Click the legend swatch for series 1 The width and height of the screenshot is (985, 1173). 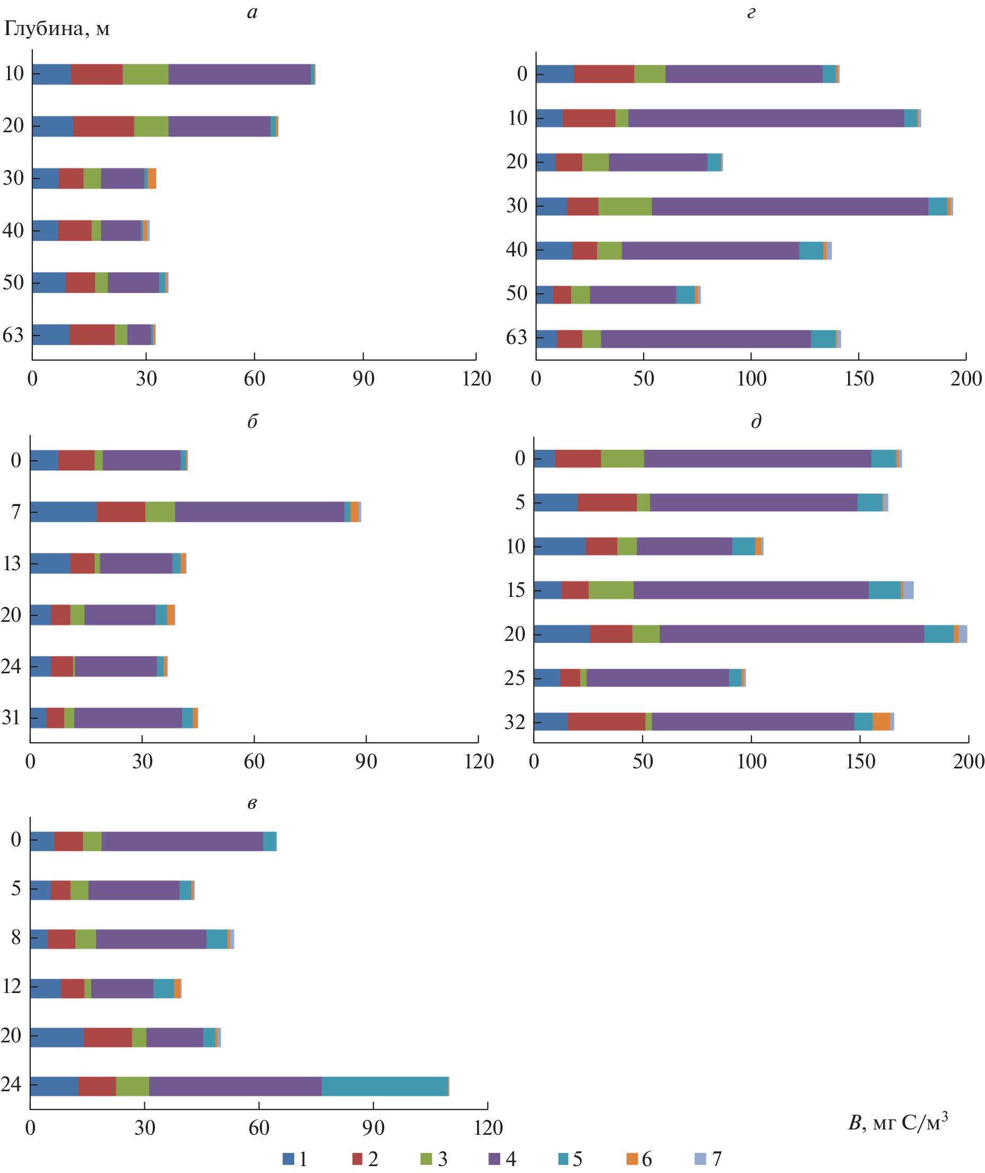pos(288,1159)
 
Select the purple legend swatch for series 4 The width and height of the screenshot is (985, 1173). pos(494,1159)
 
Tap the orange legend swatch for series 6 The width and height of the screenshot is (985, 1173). pos(632,1159)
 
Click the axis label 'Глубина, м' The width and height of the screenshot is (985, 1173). pos(56,29)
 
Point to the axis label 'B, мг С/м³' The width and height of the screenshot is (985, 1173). pos(897,1121)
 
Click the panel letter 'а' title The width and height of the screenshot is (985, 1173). pos(253,12)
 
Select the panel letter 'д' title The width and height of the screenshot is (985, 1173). pos(756,421)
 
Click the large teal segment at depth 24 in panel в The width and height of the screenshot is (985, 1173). pos(385,1086)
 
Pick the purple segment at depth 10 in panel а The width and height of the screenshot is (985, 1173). pos(239,74)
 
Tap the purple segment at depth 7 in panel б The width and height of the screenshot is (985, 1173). pos(260,512)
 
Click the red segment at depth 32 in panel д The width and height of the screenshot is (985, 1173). pos(607,722)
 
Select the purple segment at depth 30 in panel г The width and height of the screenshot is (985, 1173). pos(790,206)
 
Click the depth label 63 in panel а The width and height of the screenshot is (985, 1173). pos(13,335)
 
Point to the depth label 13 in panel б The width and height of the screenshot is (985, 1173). pos(12,563)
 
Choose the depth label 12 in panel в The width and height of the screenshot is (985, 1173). pos(12,986)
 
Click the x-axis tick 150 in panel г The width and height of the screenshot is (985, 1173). pos(859,379)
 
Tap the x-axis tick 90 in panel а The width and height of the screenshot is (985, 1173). pos(363,379)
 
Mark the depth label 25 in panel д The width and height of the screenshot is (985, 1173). pos(514,678)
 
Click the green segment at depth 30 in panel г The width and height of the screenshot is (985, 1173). pos(625,206)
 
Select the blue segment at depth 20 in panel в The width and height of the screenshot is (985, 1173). pos(57,1037)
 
